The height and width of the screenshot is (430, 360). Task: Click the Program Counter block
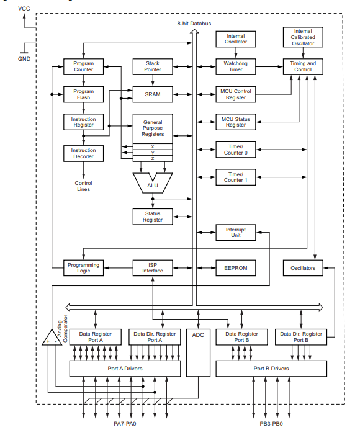[83, 66]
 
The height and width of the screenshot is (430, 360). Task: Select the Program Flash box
[83, 95]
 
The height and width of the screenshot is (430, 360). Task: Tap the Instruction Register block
[83, 122]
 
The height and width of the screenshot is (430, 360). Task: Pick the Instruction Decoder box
[83, 153]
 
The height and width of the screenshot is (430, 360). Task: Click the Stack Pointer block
[153, 66]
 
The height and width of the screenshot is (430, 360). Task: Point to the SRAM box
[153, 94]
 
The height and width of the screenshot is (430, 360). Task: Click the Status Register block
[153, 217]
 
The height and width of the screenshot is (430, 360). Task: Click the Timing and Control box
[303, 66]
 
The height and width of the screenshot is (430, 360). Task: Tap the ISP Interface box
[153, 268]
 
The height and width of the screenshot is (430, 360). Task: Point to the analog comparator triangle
[52, 339]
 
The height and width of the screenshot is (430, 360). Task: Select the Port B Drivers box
[271, 369]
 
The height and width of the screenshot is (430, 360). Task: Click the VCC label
[24, 9]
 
